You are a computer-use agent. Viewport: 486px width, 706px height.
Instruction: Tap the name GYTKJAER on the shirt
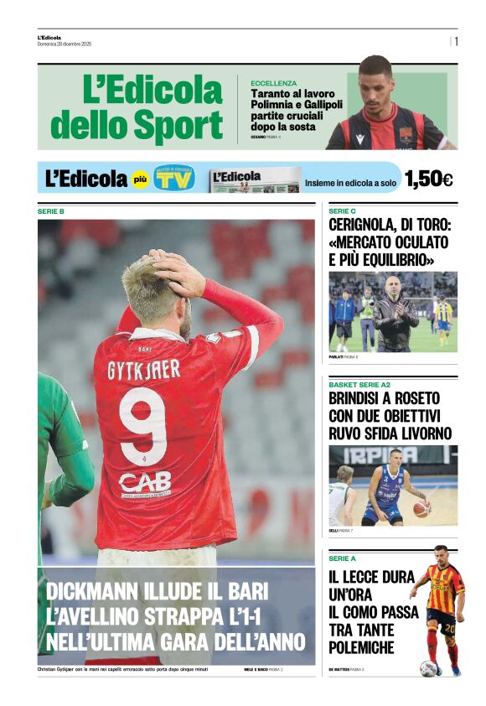click(x=143, y=369)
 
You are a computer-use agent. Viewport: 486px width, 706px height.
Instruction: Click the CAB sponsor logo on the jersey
click(x=145, y=481)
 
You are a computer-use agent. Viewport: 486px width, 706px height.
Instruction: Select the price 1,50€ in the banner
click(x=428, y=179)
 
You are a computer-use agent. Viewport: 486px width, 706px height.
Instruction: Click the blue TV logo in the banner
click(x=174, y=179)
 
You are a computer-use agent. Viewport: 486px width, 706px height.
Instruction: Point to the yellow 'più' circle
click(x=140, y=179)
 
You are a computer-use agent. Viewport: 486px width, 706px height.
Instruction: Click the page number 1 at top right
click(x=457, y=41)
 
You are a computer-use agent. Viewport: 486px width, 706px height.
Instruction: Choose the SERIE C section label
click(x=342, y=211)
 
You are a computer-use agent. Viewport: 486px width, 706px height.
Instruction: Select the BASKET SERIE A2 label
click(x=359, y=384)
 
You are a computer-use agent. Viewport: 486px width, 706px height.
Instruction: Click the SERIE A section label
click(x=342, y=558)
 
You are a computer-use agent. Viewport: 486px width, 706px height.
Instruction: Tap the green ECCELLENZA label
click(x=273, y=83)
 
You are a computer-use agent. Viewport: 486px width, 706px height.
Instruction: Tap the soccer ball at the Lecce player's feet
click(x=428, y=668)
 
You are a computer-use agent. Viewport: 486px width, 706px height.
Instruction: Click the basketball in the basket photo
click(x=421, y=508)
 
